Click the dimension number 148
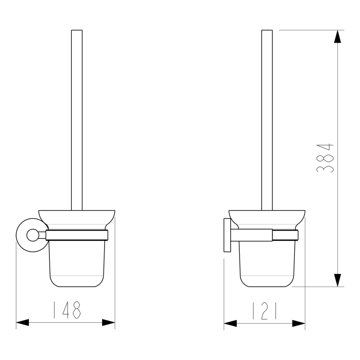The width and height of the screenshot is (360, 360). [x=66, y=309]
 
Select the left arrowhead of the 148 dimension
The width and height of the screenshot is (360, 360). [x=22, y=322]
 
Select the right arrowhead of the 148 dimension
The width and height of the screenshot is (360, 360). [x=108, y=322]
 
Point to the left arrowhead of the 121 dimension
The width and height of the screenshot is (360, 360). [x=231, y=323]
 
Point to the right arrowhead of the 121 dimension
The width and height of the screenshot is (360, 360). [x=299, y=323]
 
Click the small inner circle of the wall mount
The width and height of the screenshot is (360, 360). [x=32, y=236]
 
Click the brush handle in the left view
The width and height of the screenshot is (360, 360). [x=77, y=120]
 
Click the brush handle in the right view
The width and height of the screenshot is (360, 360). [x=267, y=120]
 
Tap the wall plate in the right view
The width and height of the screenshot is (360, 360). [x=227, y=235]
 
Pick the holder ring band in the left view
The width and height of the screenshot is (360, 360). [x=77, y=235]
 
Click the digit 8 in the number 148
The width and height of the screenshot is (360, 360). [x=76, y=309]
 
